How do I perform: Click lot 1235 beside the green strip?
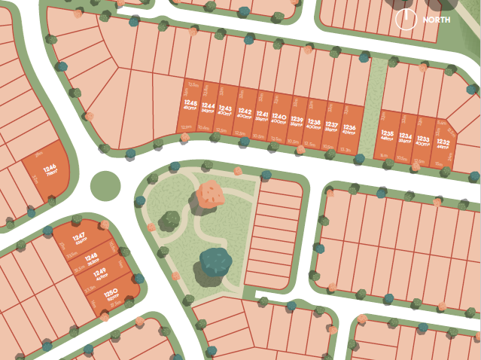(x=388, y=136)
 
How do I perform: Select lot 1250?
(x=113, y=294)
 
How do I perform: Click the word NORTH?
(x=437, y=19)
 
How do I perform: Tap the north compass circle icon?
(x=407, y=19)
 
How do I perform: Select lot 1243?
(x=225, y=112)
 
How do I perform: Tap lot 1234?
(x=406, y=138)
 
